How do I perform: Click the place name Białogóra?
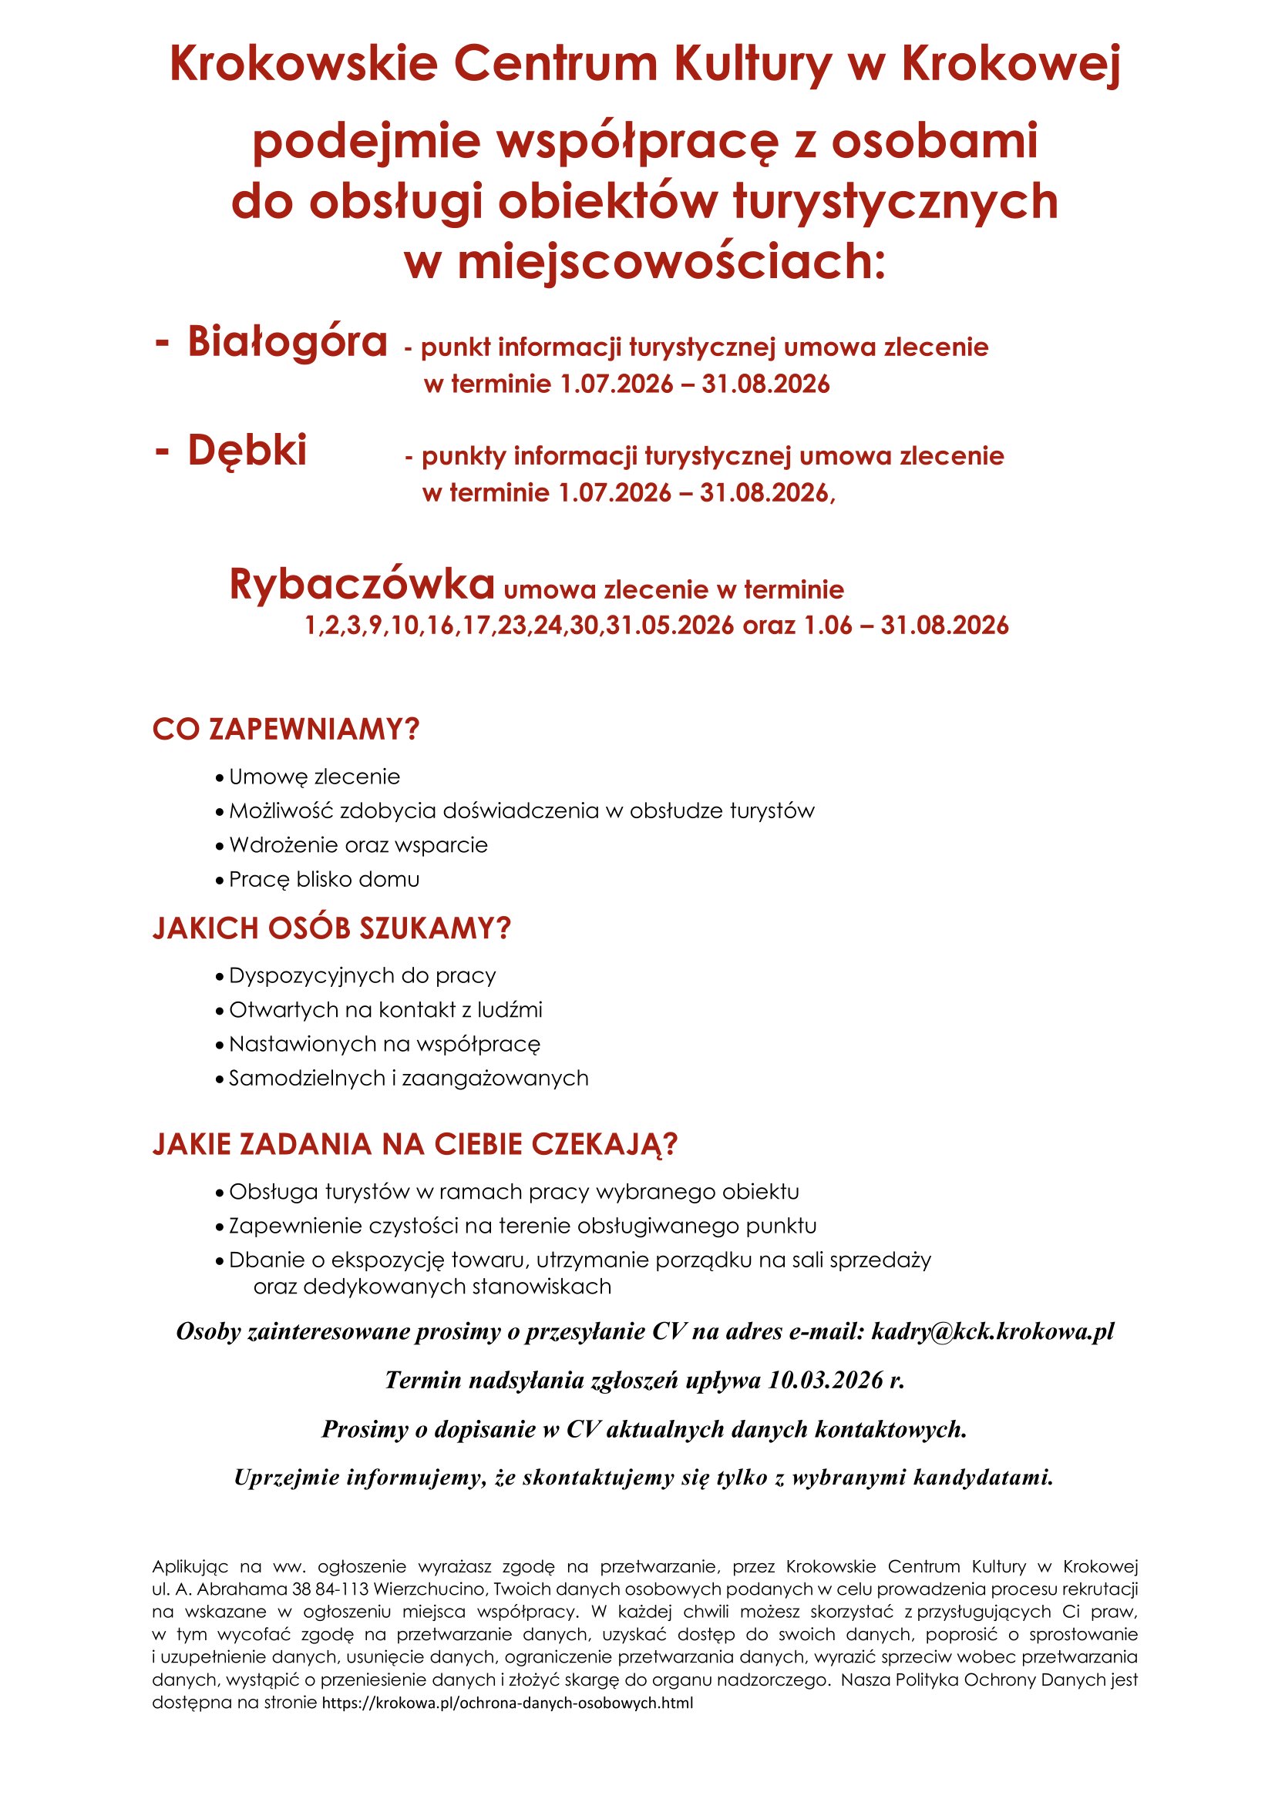(288, 342)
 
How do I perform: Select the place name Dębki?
(247, 451)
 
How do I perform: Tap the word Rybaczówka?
(362, 584)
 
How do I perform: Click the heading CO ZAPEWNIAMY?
(286, 730)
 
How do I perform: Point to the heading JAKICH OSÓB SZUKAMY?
(331, 928)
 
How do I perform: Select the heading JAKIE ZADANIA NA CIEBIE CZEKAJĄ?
(415, 1144)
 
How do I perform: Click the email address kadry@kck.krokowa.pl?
(992, 1332)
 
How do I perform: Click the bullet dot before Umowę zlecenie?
(220, 779)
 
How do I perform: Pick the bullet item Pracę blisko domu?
(324, 880)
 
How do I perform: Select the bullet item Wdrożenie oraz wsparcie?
(358, 845)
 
